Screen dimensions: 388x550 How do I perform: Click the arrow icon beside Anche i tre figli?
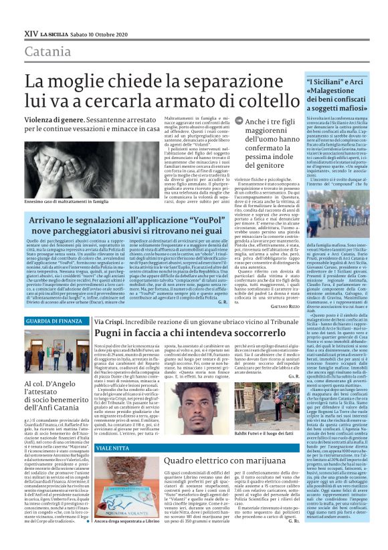[x=221, y=121]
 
